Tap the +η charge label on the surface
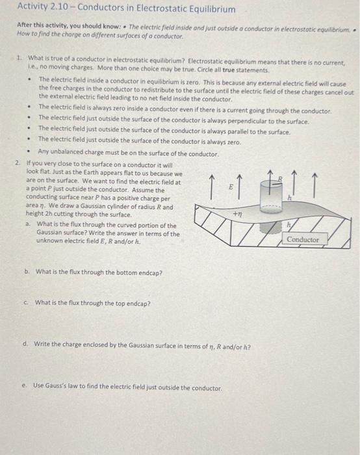coord(238,214)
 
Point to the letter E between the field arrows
coord(231,187)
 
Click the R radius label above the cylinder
coord(280,179)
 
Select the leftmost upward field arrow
coord(212,187)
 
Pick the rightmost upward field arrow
coord(315,185)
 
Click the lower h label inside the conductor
coord(289,225)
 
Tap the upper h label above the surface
coord(290,198)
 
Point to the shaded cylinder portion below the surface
coord(270,228)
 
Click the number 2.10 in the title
coord(59,6)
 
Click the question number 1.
coord(19,58)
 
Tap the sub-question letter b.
coord(27,272)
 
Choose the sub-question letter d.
coord(25,344)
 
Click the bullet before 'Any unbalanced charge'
coord(28,151)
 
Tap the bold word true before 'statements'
coord(229,70)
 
